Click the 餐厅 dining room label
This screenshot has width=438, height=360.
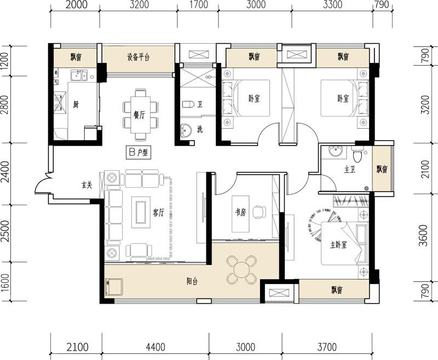(x=140, y=115)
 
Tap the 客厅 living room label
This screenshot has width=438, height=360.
(x=158, y=213)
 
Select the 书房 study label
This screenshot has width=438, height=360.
(x=240, y=212)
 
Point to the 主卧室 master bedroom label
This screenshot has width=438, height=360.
(x=338, y=245)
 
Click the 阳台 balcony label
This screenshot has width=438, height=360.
(x=192, y=281)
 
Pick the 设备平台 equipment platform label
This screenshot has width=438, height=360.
(x=139, y=57)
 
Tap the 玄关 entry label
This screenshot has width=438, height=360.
(x=87, y=185)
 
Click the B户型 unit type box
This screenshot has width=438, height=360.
(x=139, y=153)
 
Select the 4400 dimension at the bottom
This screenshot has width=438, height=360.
(x=155, y=347)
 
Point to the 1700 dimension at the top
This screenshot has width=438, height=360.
(x=198, y=5)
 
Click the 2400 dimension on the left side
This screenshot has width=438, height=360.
(x=5, y=173)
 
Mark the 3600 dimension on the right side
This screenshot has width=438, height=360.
(x=424, y=235)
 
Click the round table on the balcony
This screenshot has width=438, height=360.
(x=241, y=270)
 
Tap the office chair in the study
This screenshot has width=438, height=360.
(x=259, y=212)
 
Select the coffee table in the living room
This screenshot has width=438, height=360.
(x=141, y=212)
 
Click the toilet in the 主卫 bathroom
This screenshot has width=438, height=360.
(x=357, y=155)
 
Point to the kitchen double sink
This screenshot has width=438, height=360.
(x=79, y=75)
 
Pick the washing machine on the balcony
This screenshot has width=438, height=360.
(x=113, y=287)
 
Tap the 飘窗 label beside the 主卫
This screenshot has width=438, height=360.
(x=382, y=169)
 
